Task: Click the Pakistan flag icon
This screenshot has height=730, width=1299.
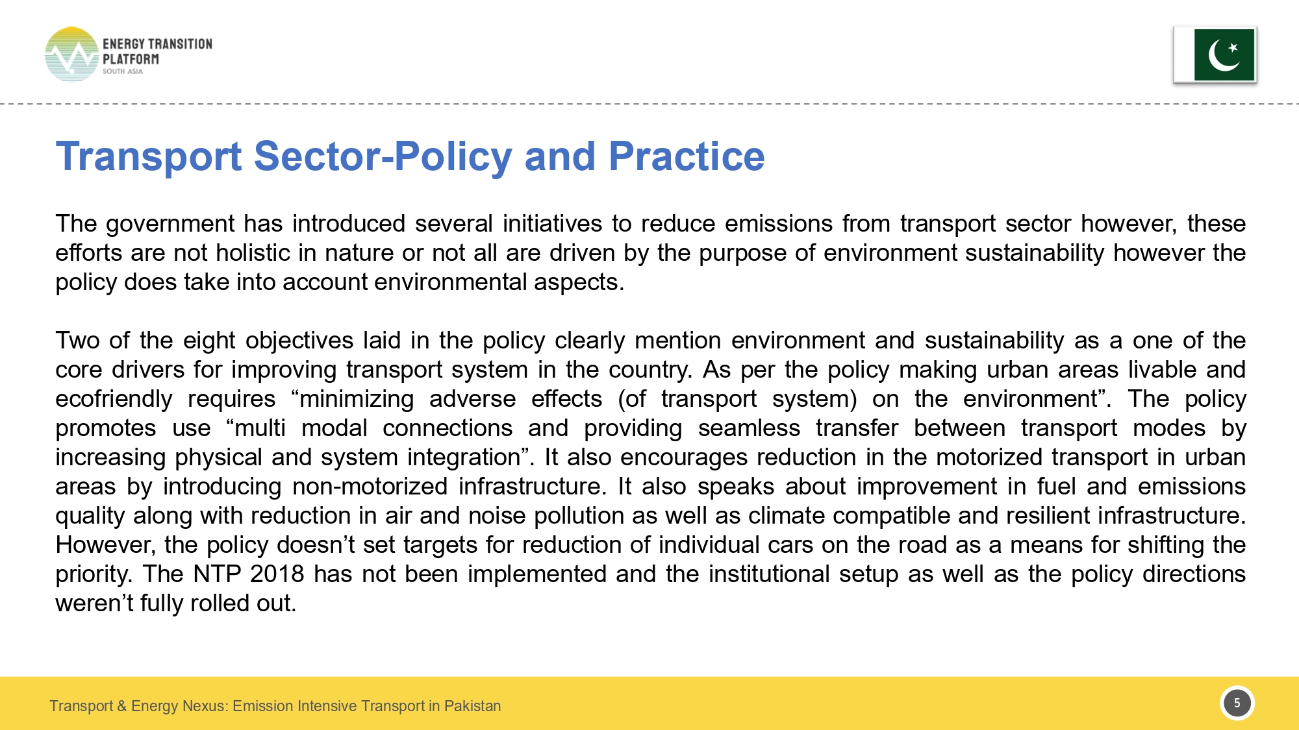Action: pos(1215,55)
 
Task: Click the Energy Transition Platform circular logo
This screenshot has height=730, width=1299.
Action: pos(71,55)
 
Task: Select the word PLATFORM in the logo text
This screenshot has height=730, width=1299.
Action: pos(131,59)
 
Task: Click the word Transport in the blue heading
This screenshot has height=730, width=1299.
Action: pos(149,156)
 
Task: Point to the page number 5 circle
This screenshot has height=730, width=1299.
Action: pos(1237,703)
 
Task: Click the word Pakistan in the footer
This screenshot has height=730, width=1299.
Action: pos(472,706)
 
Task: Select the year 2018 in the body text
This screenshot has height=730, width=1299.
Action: pos(277,574)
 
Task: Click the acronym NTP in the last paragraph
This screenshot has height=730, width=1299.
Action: pos(217,574)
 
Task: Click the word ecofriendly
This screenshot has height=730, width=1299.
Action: pos(114,399)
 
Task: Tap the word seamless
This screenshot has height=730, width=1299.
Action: pos(749,428)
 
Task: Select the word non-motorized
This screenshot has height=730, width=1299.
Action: pos(370,487)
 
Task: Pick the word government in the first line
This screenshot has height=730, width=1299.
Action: pos(170,224)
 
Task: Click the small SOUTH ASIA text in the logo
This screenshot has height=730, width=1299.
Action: pos(122,71)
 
